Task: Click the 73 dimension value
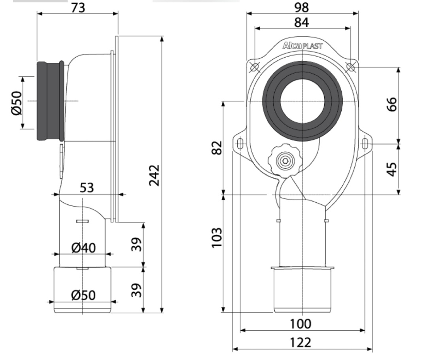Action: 78,8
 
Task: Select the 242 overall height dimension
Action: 155,175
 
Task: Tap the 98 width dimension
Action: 302,8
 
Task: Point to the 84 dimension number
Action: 302,22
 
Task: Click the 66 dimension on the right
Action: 391,104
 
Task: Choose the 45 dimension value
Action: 391,169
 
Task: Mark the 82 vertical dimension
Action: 217,147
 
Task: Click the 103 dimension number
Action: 217,237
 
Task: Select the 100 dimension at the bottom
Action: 300,324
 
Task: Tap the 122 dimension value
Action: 300,343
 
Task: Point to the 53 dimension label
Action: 87,187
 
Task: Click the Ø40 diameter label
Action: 83,248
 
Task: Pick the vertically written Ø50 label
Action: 17,103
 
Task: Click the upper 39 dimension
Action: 137,244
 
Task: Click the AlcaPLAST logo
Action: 302,46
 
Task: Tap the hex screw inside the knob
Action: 285,161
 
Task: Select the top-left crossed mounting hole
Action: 254,67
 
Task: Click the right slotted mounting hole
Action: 365,143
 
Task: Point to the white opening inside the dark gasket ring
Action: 302,101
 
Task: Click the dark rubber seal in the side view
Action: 50,101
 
